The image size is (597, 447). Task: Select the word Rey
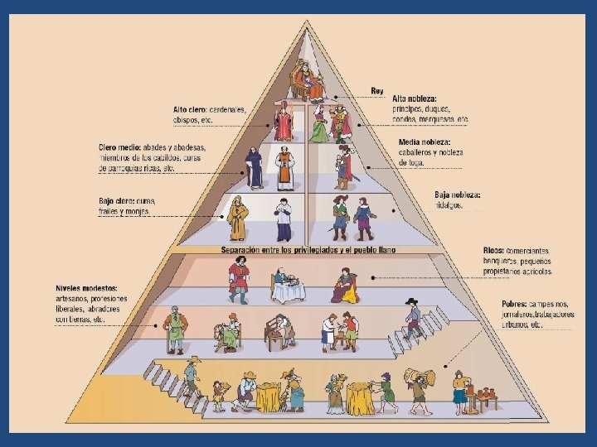378,89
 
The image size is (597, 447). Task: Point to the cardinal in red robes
284,122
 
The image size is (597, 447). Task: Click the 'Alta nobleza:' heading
415,99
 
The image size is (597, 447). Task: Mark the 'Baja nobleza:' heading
457,195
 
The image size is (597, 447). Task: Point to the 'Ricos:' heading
493,251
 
